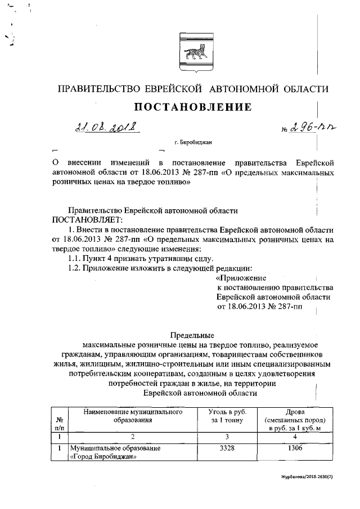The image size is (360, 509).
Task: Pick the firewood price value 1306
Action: [x=291, y=448]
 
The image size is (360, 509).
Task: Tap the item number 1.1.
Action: [x=74, y=258]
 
